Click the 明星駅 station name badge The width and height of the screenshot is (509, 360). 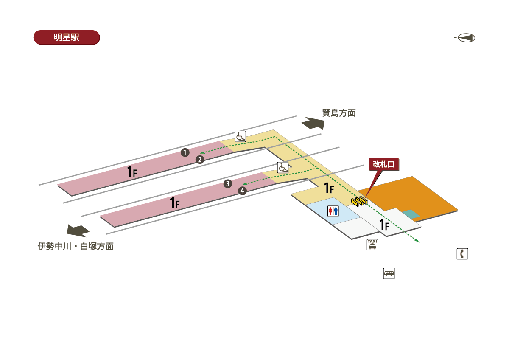click(x=67, y=37)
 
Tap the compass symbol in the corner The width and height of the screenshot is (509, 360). click(x=465, y=38)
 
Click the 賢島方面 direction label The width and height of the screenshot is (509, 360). click(x=338, y=113)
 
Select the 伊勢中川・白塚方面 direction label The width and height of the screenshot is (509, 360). click(x=76, y=246)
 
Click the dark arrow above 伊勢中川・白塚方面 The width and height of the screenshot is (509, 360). click(x=78, y=231)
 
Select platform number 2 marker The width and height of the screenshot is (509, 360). click(x=200, y=160)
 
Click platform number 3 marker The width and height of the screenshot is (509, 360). click(x=228, y=184)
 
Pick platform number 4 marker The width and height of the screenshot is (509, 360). click(x=242, y=191)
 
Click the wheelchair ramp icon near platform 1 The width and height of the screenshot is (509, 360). click(x=240, y=136)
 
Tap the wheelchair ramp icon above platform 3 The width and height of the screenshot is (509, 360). click(x=283, y=167)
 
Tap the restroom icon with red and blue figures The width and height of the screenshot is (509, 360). click(x=333, y=211)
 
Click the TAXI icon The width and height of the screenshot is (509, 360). click(x=372, y=245)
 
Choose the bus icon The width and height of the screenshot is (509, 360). click(x=389, y=273)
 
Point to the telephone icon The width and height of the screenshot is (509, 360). click(x=462, y=254)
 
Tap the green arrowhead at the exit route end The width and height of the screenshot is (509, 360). click(x=417, y=241)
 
